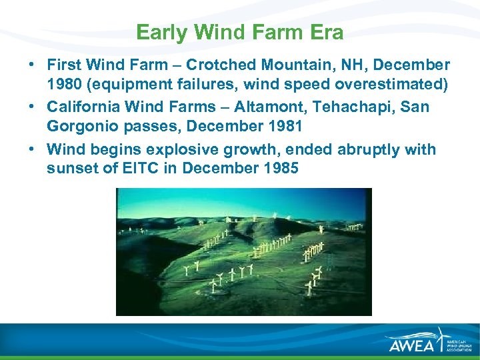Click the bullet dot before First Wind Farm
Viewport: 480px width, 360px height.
click(x=31, y=65)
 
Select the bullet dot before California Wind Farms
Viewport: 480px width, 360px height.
click(x=31, y=107)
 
